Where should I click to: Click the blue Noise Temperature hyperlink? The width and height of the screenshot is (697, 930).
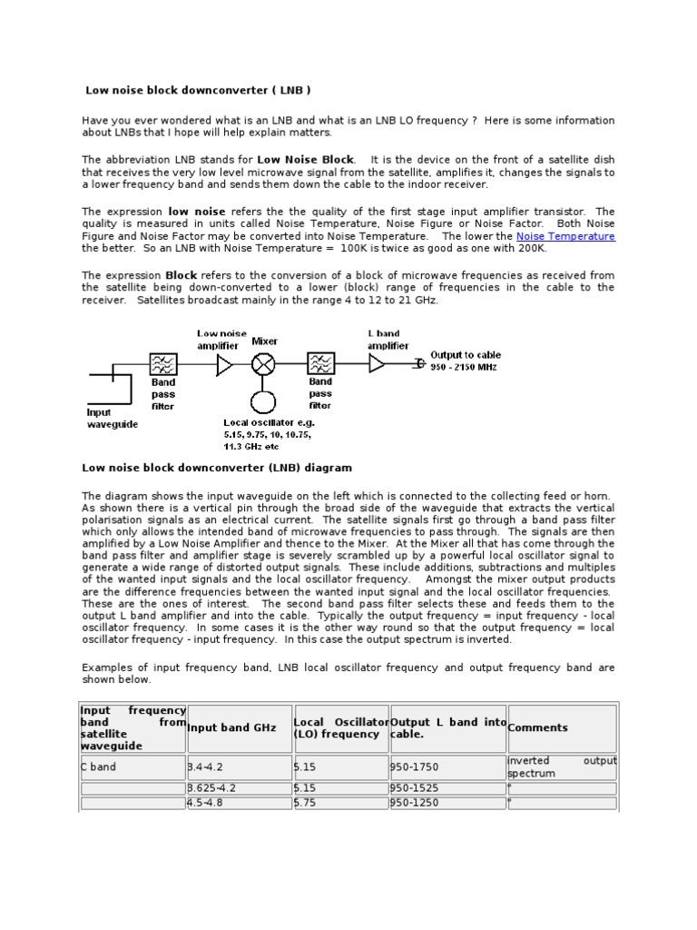(565, 236)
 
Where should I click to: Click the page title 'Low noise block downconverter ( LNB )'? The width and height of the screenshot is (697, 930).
(198, 90)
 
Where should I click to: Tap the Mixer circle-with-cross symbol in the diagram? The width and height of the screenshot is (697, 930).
(263, 364)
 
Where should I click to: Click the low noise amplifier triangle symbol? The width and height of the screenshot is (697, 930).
(224, 364)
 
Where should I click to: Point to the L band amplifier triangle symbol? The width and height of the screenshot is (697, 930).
(377, 363)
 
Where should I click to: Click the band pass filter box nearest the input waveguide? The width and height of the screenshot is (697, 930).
(164, 364)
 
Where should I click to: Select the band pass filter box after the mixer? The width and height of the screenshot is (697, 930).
(320, 364)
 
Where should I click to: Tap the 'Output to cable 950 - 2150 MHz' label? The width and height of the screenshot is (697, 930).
(465, 361)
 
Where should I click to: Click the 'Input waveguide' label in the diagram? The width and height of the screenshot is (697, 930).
(113, 419)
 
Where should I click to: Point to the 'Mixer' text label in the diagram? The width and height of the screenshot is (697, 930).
(265, 341)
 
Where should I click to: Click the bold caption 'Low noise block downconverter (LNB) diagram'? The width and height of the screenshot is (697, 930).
(217, 468)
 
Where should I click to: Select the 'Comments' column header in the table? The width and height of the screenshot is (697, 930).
(538, 727)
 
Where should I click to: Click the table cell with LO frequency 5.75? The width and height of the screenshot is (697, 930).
(306, 803)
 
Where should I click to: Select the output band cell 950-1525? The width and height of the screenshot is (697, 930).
(414, 787)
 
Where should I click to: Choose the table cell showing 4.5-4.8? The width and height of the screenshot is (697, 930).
(206, 803)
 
